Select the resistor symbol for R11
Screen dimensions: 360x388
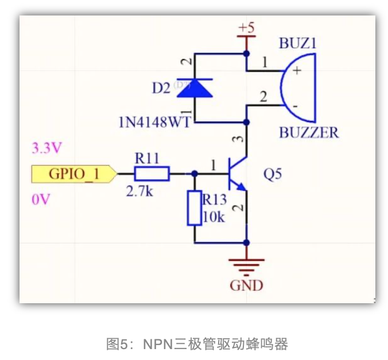[152, 174]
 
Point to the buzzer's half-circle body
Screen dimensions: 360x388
[299, 88]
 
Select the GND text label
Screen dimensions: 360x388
[247, 285]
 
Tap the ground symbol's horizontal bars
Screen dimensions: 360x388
[247, 265]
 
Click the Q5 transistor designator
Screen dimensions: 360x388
[273, 174]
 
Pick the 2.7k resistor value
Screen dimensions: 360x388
[139, 191]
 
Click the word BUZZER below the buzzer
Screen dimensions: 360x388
[309, 133]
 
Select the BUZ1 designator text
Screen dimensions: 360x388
[298, 44]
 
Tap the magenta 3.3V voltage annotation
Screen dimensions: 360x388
[46, 148]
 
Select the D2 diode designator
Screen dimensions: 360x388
[161, 88]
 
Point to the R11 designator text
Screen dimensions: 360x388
[147, 158]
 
